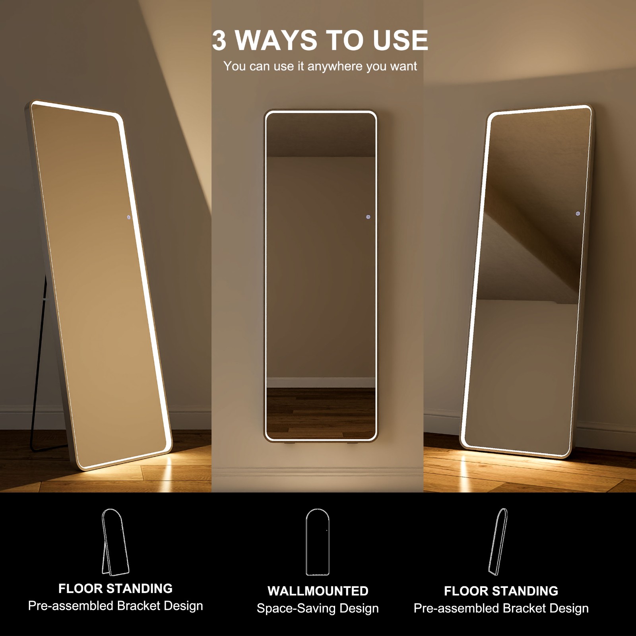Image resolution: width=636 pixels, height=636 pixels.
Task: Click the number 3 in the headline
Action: pos(219,41)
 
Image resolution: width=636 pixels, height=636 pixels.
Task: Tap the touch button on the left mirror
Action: pos(128,217)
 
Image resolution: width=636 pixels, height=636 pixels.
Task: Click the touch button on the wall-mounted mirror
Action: pos(368,217)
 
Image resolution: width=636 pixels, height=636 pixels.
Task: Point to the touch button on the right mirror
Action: pos(578,214)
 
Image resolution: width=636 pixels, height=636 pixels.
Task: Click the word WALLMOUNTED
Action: pos(318,591)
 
